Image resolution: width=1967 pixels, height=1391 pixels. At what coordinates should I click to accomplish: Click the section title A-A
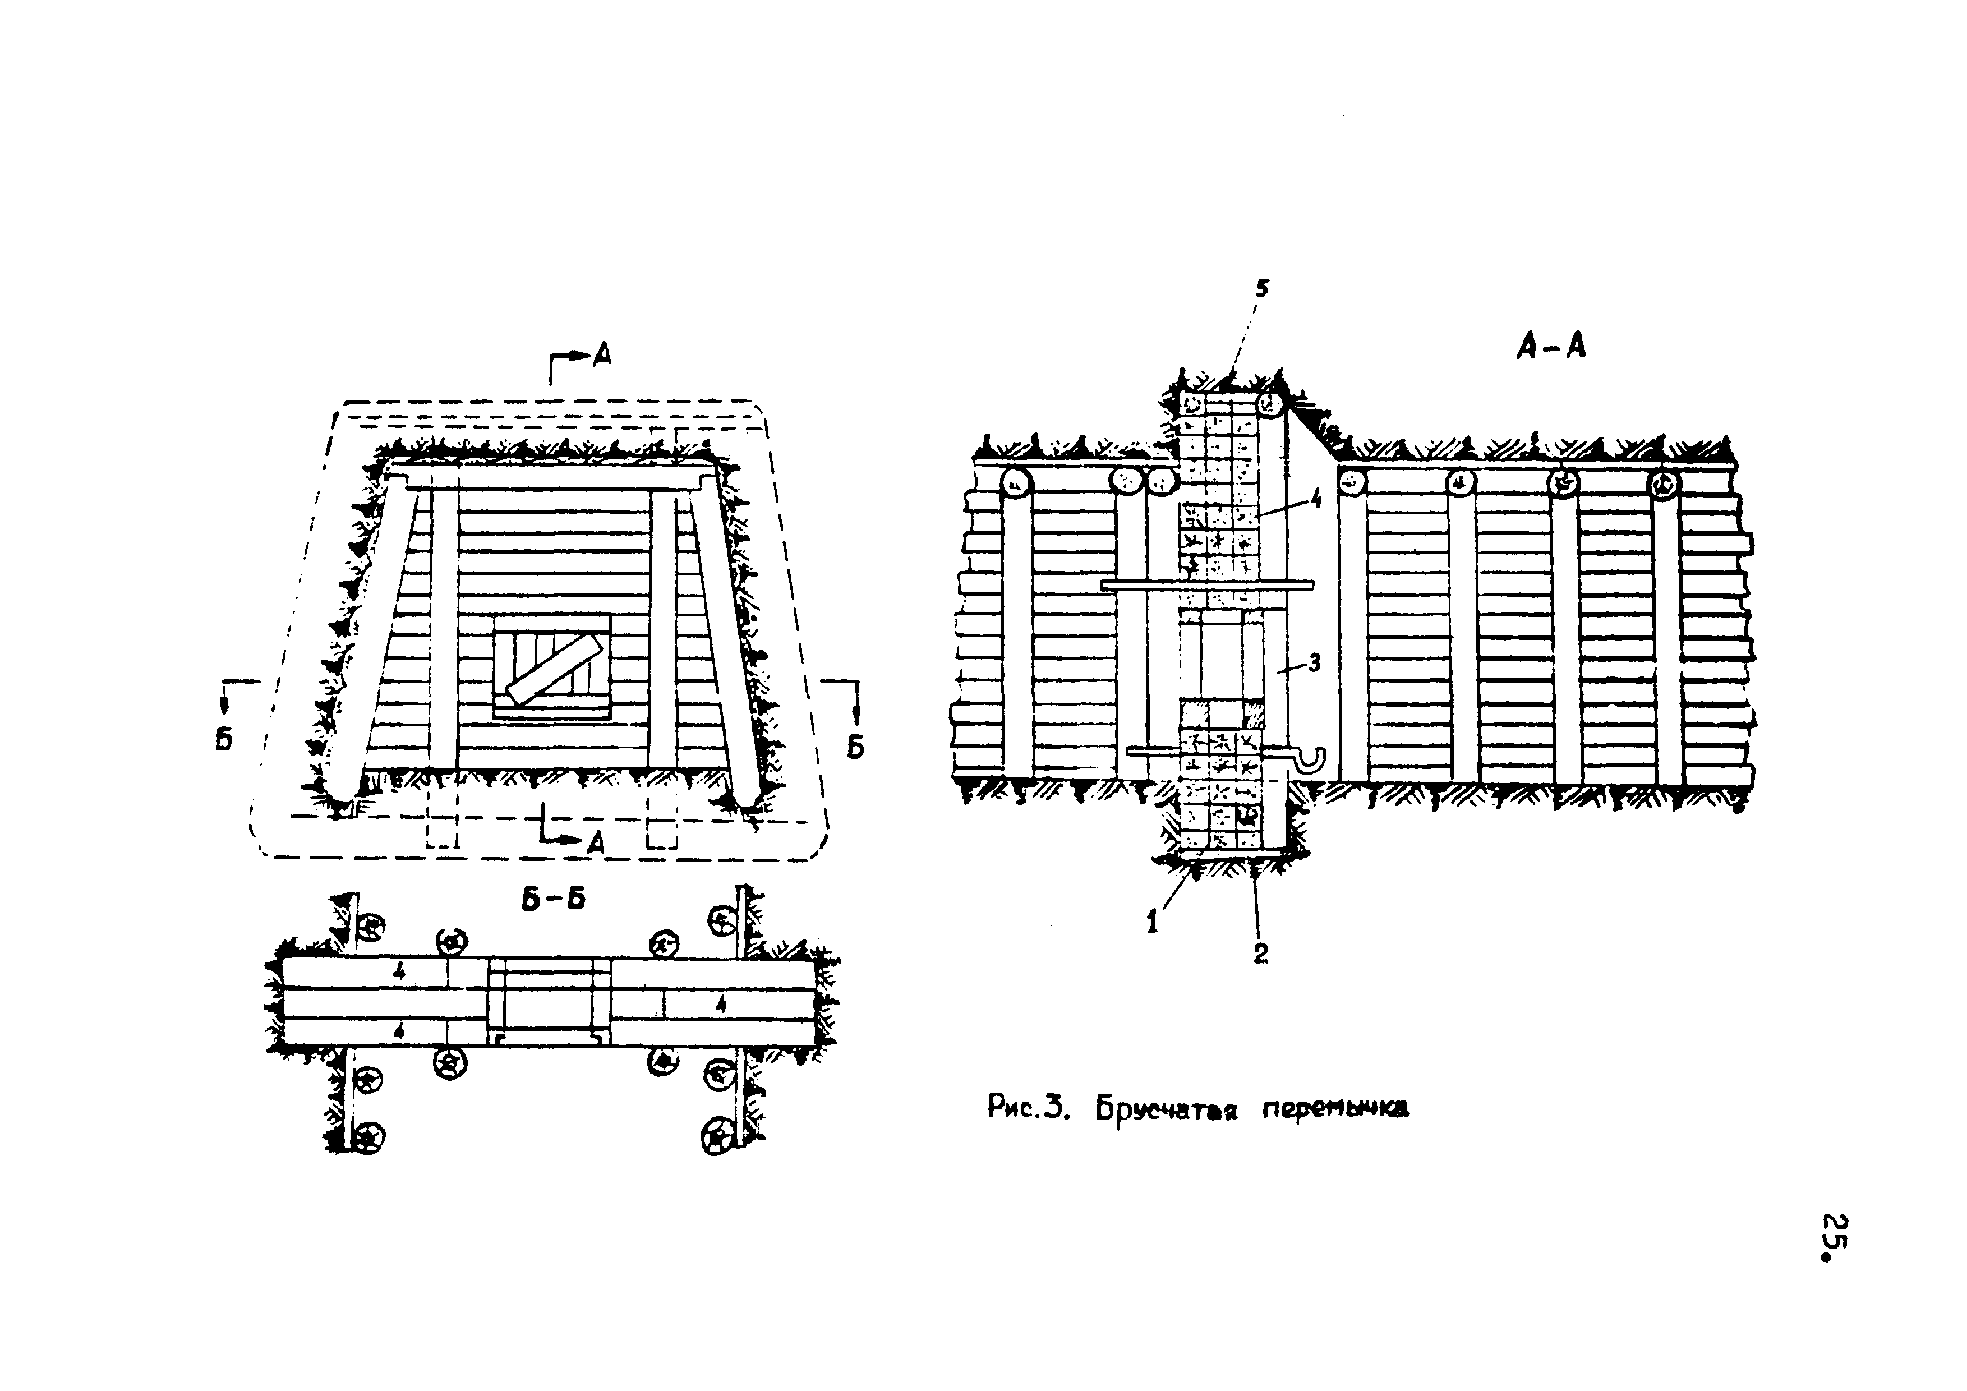click(x=1551, y=347)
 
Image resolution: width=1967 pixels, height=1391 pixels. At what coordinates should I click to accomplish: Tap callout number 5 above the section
click(x=1261, y=289)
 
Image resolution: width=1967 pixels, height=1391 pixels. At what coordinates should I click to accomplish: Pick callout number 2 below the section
click(x=1260, y=952)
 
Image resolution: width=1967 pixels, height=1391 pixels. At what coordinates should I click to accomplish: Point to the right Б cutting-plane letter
click(x=855, y=747)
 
